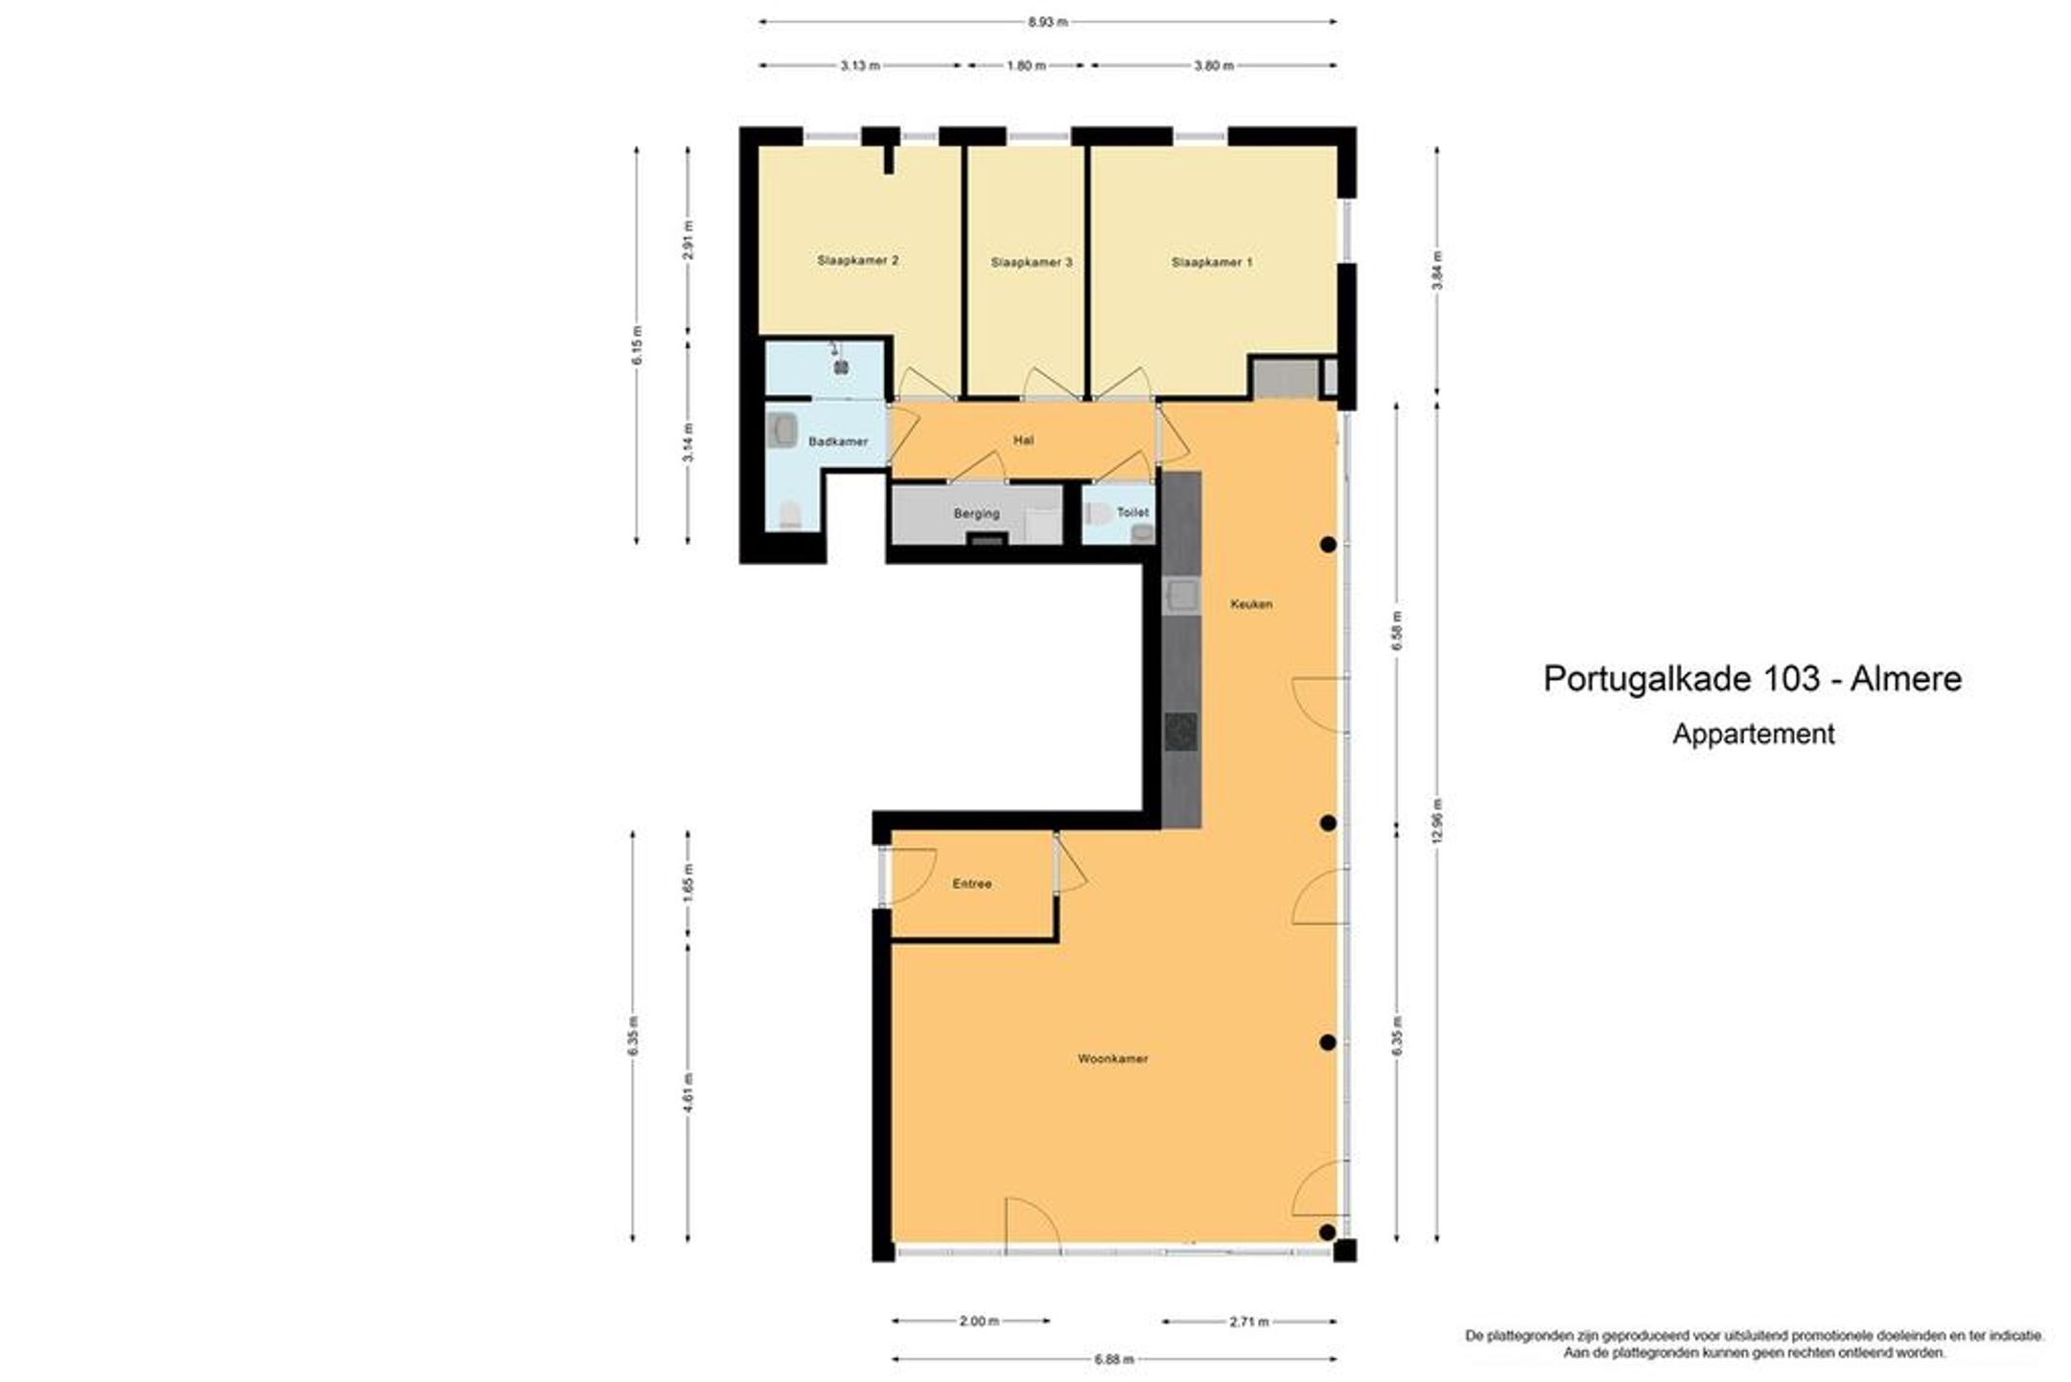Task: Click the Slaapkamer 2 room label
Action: (x=857, y=260)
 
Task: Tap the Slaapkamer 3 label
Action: (x=1031, y=262)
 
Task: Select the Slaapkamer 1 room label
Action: (x=1212, y=262)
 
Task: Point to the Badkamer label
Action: (x=838, y=442)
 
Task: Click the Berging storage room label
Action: (x=976, y=514)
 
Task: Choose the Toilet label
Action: (x=1132, y=513)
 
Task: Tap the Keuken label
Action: (x=1251, y=604)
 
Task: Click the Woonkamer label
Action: (x=1112, y=1059)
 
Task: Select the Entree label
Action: (x=972, y=884)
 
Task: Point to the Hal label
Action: (x=1023, y=441)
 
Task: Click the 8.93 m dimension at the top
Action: (x=1047, y=21)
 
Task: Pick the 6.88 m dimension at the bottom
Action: (x=1113, y=1359)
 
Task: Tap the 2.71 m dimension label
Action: (x=1248, y=1322)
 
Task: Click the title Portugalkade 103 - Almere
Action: (x=1753, y=679)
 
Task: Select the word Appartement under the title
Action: (x=1754, y=735)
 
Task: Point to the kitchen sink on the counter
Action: (x=1181, y=597)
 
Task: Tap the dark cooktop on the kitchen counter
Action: (x=1181, y=733)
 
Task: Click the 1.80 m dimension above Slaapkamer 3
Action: (x=1026, y=66)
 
